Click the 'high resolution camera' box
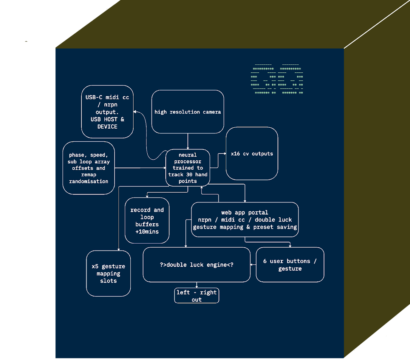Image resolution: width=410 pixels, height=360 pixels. coord(188,112)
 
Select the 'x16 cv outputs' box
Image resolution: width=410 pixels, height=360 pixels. coord(252,153)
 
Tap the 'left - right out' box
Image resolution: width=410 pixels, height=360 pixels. coord(196,295)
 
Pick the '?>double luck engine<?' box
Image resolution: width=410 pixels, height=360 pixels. coord(196,265)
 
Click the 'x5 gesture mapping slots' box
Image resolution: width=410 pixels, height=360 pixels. coord(108,274)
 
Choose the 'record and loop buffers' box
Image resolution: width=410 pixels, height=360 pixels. coord(147,220)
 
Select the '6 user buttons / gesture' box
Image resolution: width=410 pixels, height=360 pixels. coord(290,265)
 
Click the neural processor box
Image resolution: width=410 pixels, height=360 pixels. coord(188,168)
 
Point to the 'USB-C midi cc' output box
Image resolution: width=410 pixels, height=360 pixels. coord(107,112)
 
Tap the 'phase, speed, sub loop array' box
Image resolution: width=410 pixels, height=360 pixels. coord(89,168)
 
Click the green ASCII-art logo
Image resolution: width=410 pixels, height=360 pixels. coord(277,79)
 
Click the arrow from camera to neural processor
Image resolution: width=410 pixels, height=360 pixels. coord(188,141)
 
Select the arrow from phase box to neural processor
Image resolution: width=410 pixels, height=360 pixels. coord(140,168)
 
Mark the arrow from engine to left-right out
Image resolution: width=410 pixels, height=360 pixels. coord(196,285)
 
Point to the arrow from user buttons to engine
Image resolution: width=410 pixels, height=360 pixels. coord(253,265)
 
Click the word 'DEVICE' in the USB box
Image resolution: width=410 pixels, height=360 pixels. coord(107,127)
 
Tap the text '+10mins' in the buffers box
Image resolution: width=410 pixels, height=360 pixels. coord(147,232)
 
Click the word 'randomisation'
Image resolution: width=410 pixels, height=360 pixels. coord(89,181)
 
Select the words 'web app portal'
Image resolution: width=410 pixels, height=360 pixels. coord(245,213)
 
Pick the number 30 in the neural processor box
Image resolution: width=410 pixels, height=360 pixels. coord(189,175)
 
